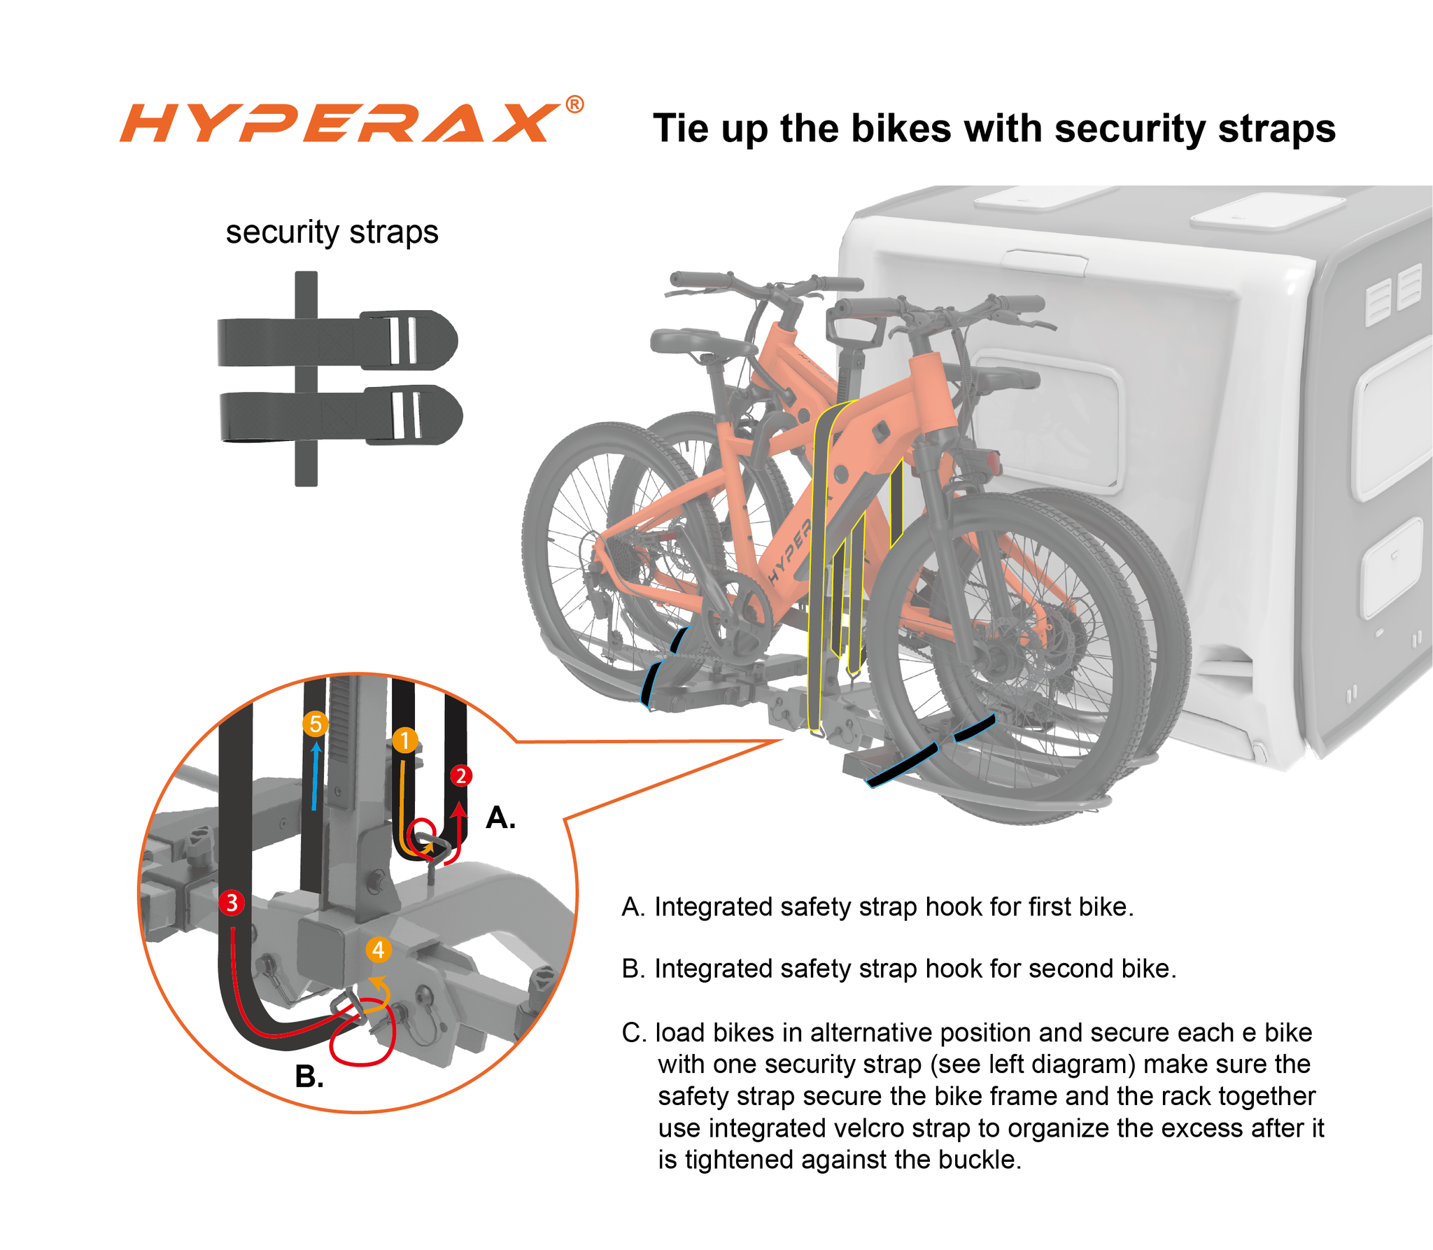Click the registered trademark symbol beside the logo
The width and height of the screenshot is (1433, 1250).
574,104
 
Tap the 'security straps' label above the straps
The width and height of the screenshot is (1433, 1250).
332,232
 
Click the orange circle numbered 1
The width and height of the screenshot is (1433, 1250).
404,740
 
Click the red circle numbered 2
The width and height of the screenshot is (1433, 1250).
460,775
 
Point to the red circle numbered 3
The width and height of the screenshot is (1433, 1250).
232,902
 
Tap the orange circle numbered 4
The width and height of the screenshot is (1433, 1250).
378,950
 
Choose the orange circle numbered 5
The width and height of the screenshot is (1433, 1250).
316,724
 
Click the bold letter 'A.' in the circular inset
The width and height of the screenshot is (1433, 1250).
500,817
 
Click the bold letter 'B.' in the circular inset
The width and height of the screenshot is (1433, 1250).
309,1076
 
